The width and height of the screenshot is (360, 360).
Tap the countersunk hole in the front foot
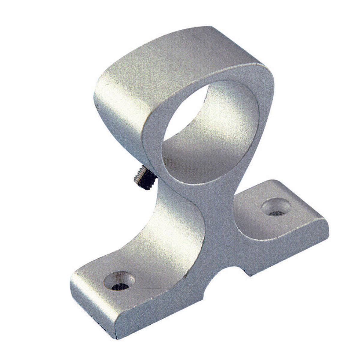119,281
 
